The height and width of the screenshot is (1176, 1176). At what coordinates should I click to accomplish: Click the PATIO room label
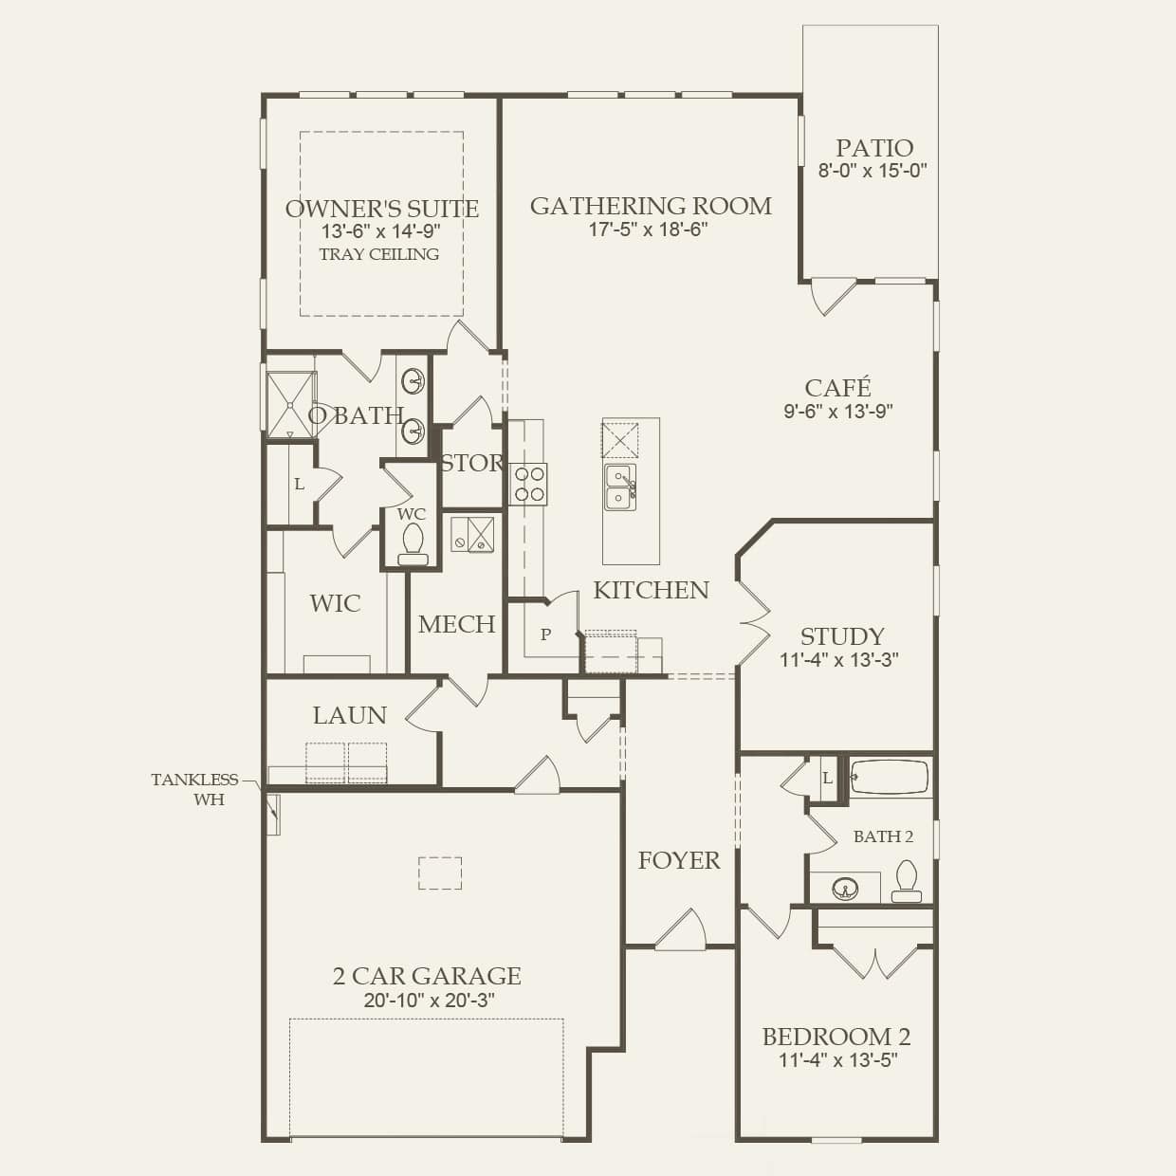[873, 148]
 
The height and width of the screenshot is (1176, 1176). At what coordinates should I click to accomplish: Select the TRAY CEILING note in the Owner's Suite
[378, 254]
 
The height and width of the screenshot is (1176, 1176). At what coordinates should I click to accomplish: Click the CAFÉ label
[837, 388]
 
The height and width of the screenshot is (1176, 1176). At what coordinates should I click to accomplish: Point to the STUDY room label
[841, 636]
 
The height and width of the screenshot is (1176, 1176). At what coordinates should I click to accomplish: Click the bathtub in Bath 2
[889, 777]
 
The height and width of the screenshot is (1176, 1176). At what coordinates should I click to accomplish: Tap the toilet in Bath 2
[907, 881]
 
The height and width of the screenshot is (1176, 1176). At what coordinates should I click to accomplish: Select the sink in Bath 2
[845, 889]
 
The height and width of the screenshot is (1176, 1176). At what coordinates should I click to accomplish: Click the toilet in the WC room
[413, 543]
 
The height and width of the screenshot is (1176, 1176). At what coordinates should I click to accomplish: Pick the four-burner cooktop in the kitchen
[528, 483]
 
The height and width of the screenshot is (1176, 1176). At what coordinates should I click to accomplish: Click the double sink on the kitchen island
[619, 486]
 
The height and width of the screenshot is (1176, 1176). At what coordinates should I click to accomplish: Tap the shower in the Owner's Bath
[289, 405]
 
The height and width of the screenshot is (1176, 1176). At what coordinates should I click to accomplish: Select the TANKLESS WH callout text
[195, 789]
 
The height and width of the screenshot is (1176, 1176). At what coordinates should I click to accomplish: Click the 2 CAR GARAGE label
[427, 976]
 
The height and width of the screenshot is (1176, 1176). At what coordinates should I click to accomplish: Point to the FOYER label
[678, 860]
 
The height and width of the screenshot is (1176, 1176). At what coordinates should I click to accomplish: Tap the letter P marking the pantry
[545, 634]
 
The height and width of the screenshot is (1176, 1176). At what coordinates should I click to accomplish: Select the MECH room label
[456, 624]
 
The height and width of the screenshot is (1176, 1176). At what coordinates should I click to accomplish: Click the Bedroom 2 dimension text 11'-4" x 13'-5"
[838, 1060]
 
